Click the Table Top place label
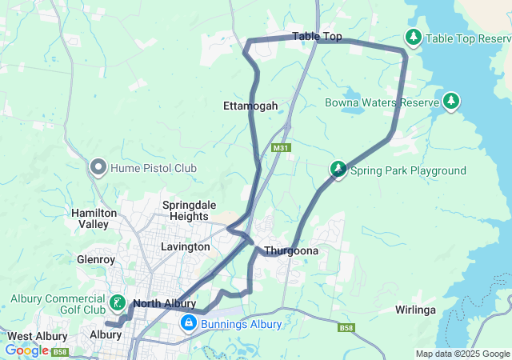pyautogui.click(x=317, y=36)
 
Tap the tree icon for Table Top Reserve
pyautogui.click(x=413, y=38)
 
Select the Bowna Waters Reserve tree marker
pyautogui.click(x=452, y=102)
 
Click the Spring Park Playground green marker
pyautogui.click(x=339, y=170)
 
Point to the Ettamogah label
pyautogui.click(x=250, y=106)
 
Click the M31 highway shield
pyautogui.click(x=279, y=148)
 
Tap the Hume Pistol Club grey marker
pyautogui.click(x=99, y=167)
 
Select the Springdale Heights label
pyautogui.click(x=190, y=210)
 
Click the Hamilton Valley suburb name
pyautogui.click(x=94, y=218)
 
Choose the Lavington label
pyautogui.click(x=185, y=246)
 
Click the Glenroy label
pyautogui.click(x=97, y=259)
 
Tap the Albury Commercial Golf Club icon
pyautogui.click(x=118, y=302)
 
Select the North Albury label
pyautogui.click(x=164, y=303)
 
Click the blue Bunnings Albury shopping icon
pyautogui.click(x=188, y=323)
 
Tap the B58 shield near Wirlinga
pyautogui.click(x=346, y=327)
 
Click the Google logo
pyautogui.click(x=26, y=350)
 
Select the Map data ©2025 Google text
pyautogui.click(x=462, y=354)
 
